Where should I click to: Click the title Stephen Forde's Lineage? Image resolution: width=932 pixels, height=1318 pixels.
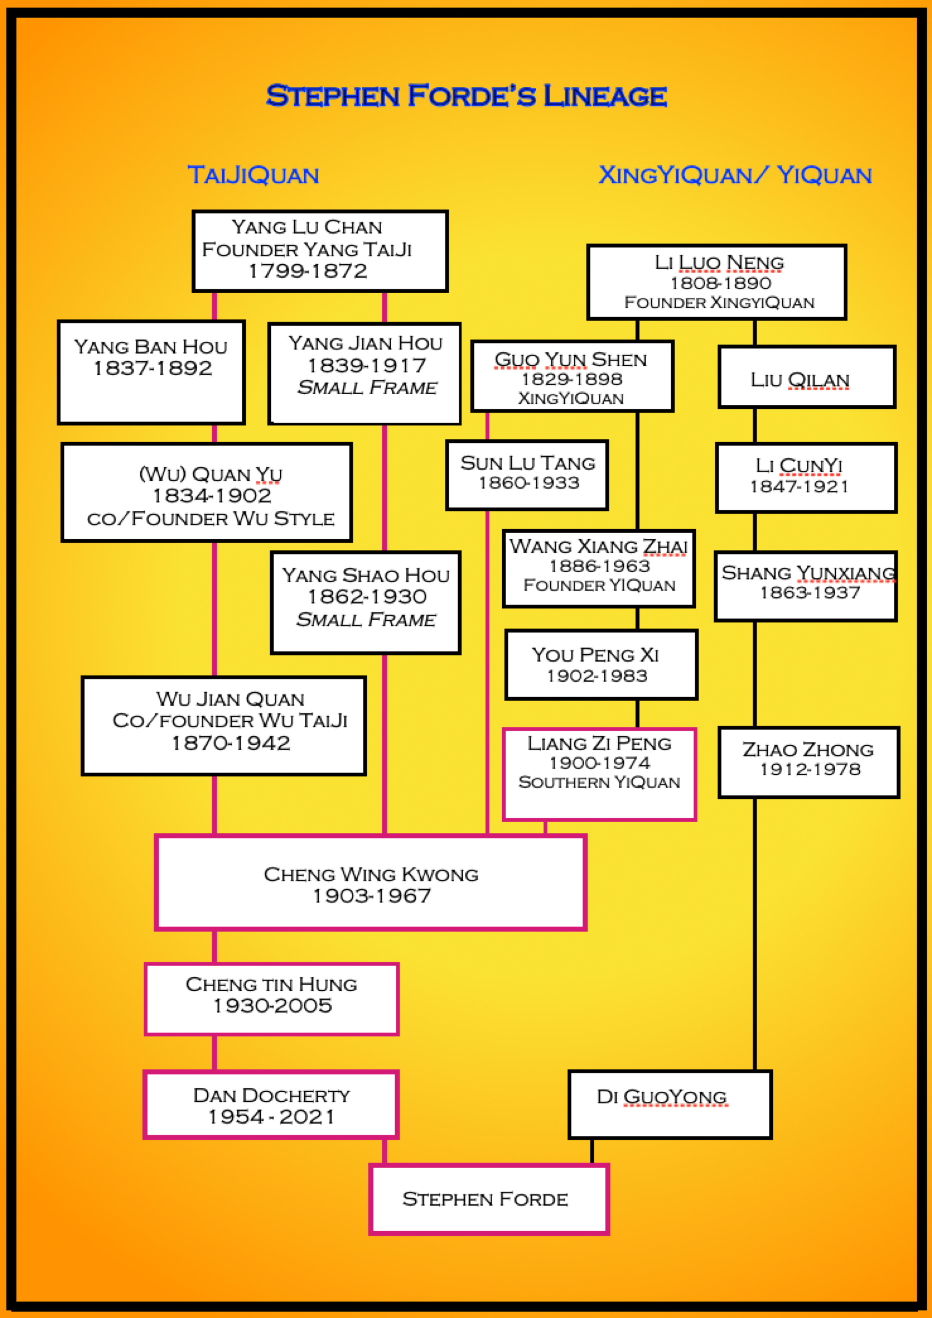(466, 96)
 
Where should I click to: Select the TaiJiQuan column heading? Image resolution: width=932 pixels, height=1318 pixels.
(253, 175)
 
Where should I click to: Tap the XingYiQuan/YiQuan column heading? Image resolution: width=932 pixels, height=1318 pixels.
(735, 175)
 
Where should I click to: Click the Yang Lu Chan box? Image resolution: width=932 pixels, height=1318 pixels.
(320, 251)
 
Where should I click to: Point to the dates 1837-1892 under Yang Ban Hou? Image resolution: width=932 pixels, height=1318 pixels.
(153, 368)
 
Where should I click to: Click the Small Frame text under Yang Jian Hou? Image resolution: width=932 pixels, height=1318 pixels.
(367, 388)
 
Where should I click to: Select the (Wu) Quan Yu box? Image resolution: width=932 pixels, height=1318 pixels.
(207, 492)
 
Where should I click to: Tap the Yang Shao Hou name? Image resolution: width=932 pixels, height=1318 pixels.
(366, 575)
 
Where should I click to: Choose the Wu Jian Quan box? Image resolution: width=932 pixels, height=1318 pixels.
(224, 726)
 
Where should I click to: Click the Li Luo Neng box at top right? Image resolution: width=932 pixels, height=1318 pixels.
(716, 282)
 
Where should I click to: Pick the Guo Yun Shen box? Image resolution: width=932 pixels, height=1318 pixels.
(571, 376)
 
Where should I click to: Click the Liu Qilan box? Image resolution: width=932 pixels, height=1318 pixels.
(806, 377)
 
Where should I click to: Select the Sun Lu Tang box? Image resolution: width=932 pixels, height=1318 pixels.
(527, 475)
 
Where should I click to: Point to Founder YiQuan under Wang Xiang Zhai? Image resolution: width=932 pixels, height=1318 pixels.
(599, 585)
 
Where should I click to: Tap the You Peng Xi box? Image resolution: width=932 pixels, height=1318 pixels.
(601, 665)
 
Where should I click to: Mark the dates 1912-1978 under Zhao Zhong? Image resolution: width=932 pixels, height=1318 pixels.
(810, 769)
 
